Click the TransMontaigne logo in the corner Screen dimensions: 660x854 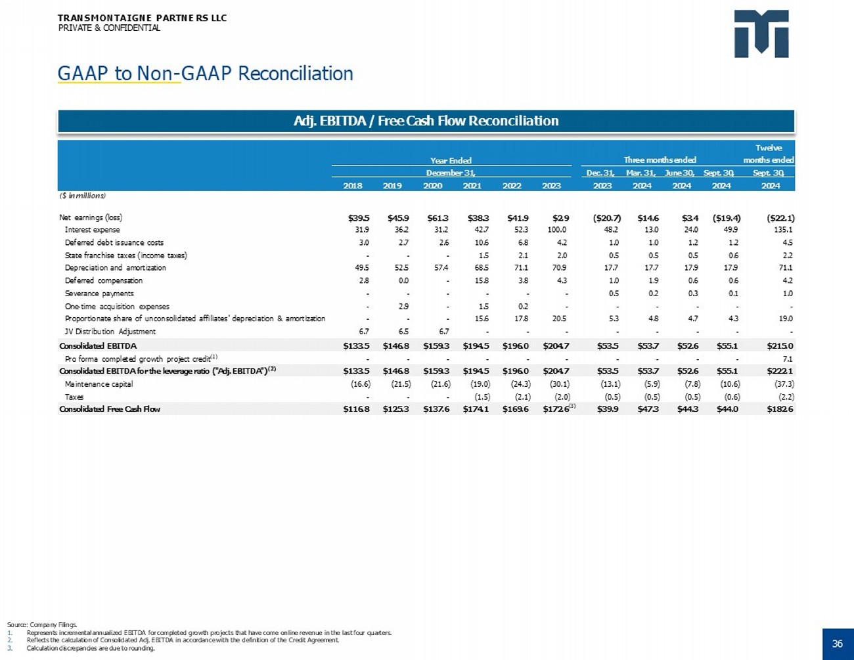pyautogui.click(x=761, y=33)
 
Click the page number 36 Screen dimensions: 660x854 pyautogui.click(x=837, y=644)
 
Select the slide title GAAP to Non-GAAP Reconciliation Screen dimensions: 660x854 pyautogui.click(x=205, y=74)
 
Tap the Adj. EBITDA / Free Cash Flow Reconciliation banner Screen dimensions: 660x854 pyautogui.click(x=426, y=121)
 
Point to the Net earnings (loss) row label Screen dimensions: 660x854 pyautogui.click(x=91, y=217)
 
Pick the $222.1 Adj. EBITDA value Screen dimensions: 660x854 pyautogui.click(x=780, y=370)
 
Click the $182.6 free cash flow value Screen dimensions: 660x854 pyautogui.click(x=780, y=408)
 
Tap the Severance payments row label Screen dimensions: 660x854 pyautogui.click(x=99, y=294)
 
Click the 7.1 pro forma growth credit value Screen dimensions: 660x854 pyautogui.click(x=788, y=359)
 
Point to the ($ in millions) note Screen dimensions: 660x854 pyautogui.click(x=83, y=196)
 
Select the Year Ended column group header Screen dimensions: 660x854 pyautogui.click(x=451, y=160)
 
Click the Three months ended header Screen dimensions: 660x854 pyautogui.click(x=660, y=160)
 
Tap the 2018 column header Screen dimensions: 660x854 pyautogui.click(x=353, y=186)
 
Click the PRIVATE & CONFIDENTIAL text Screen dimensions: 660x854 pyautogui.click(x=109, y=28)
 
